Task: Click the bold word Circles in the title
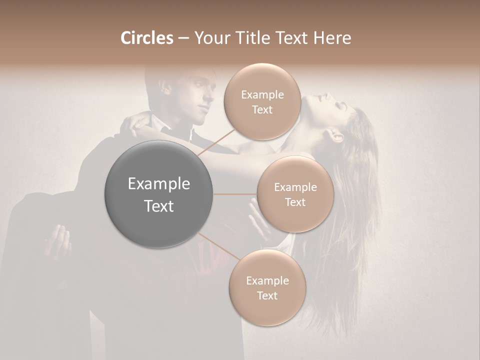(x=147, y=38)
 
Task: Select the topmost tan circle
(x=262, y=102)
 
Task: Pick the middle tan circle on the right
(x=295, y=194)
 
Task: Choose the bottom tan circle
(x=267, y=288)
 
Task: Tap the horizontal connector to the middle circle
(x=235, y=194)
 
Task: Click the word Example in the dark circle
(x=159, y=184)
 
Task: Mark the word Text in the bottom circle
(x=267, y=295)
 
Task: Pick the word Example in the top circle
(x=262, y=94)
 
